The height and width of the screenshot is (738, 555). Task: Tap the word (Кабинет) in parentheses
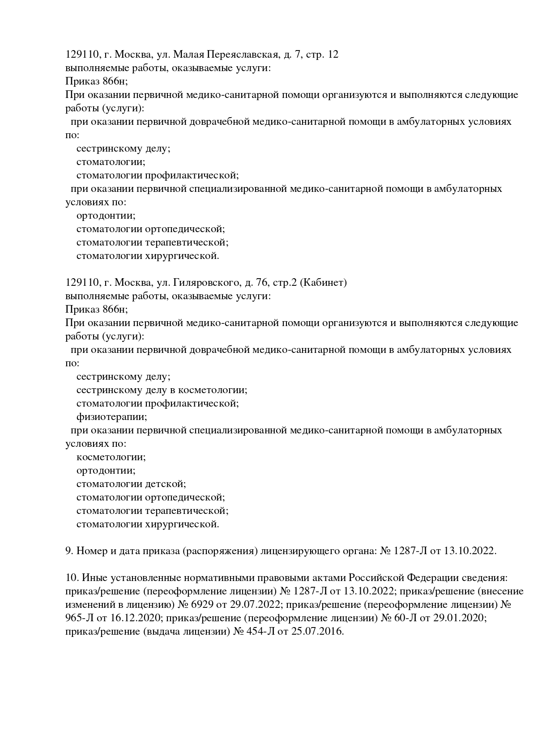pos(323,283)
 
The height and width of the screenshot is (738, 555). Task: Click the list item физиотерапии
pos(111,417)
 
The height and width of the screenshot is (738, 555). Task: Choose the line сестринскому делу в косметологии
pos(162,390)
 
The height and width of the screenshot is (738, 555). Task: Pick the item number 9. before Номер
pos(69,551)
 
